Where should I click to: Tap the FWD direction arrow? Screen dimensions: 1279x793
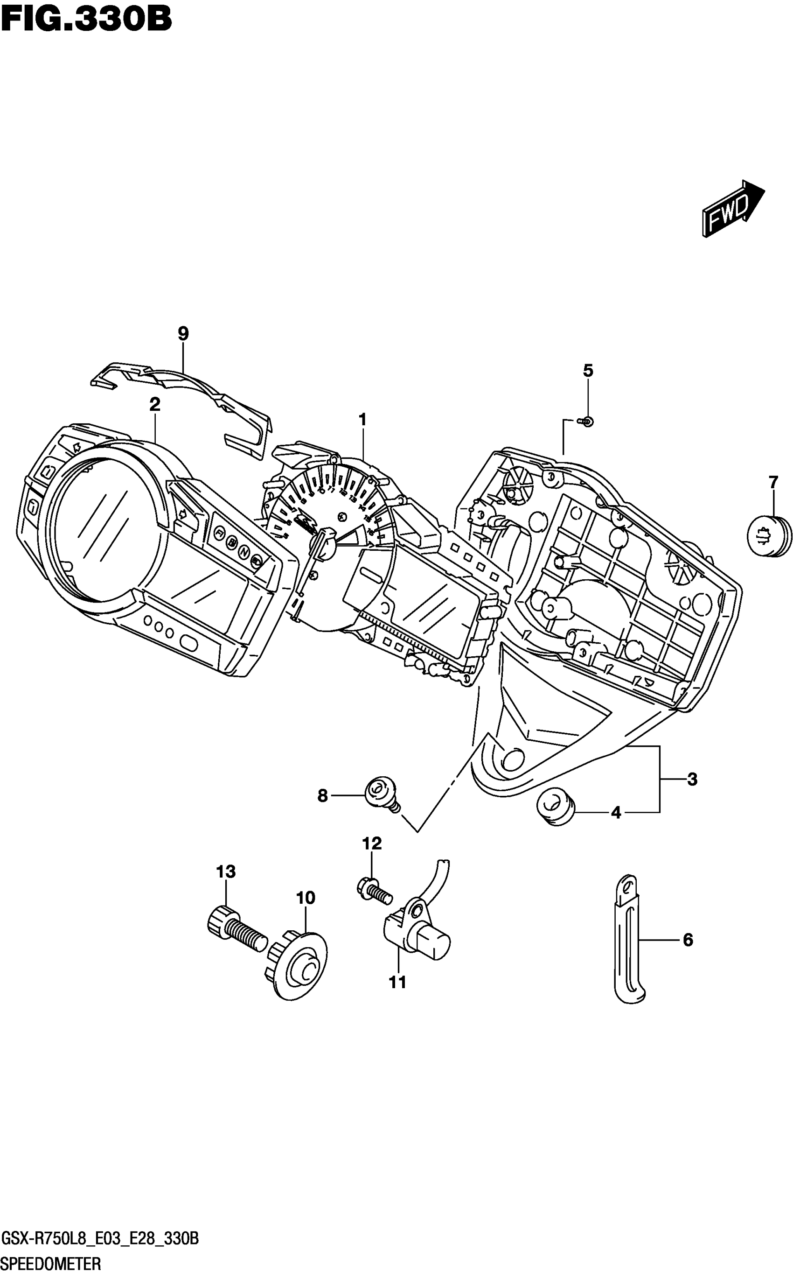(x=733, y=208)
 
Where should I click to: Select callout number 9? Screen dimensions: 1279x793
(x=183, y=333)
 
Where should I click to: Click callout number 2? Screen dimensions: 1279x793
(x=154, y=404)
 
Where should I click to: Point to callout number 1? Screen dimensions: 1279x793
(x=362, y=420)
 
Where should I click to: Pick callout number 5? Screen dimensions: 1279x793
(x=588, y=371)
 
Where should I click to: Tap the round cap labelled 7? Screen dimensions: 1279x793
(x=769, y=536)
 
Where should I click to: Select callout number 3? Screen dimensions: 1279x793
(x=692, y=780)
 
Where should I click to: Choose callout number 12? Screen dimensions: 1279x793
(x=372, y=844)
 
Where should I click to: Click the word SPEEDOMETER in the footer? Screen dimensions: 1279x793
(x=51, y=1265)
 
